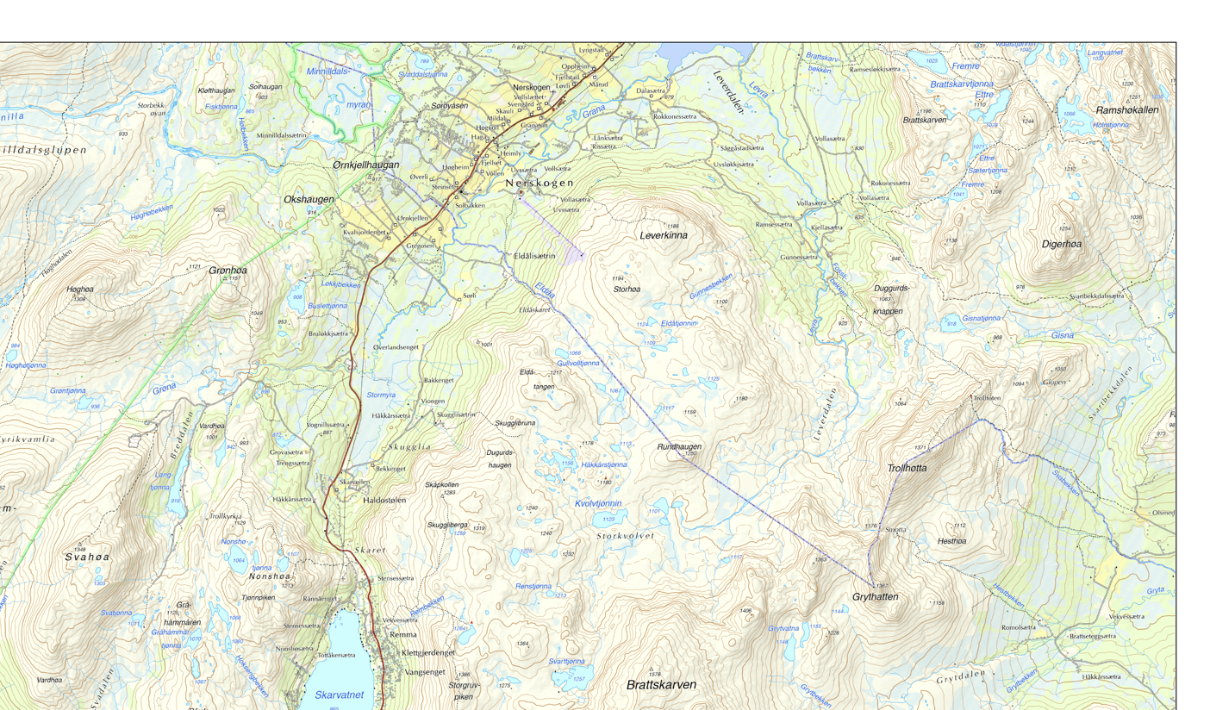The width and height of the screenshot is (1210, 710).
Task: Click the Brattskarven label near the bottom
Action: [x=661, y=685]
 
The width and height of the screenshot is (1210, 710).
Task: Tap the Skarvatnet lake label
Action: [x=339, y=694]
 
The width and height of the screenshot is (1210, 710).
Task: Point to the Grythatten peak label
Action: [x=876, y=597]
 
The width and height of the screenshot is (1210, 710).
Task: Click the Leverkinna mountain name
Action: [x=664, y=235]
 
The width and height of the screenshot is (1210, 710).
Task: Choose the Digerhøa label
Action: [x=1062, y=244]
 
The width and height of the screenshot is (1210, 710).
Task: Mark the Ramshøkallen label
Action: [x=1127, y=110]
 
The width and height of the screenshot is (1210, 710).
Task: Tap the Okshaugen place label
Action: [x=309, y=200]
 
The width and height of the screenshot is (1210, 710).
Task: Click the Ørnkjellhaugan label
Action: [x=365, y=165]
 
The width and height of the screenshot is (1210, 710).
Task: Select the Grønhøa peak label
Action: [x=228, y=271]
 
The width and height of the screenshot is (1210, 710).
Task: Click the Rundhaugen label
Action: [x=679, y=447]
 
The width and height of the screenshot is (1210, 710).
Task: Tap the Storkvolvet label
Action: [x=626, y=536]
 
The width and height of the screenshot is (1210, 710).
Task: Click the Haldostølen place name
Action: [x=390, y=501]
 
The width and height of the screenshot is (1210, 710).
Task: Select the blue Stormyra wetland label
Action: [x=381, y=395]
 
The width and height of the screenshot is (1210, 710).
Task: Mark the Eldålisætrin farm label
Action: [x=534, y=256]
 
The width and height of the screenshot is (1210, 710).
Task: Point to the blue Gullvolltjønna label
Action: [x=578, y=364]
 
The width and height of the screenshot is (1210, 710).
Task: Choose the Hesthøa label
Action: [x=951, y=541]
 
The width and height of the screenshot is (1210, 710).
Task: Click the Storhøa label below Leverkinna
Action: [x=627, y=290]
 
